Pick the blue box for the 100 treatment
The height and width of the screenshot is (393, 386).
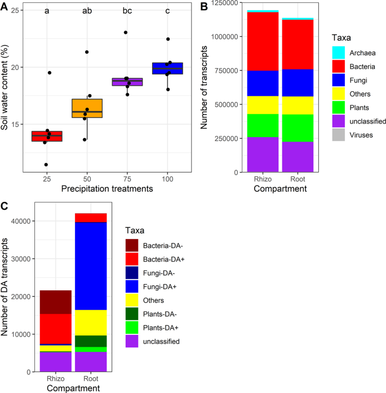[167, 68]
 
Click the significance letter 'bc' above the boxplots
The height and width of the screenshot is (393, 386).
[126, 11]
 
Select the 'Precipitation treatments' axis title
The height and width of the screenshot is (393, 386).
[107, 189]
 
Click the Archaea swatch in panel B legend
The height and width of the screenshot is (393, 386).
[338, 52]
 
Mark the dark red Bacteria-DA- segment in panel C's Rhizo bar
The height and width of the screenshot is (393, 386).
[55, 302]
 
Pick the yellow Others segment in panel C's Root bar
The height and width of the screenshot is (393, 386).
[91, 323]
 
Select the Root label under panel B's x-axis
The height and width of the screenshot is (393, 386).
[298, 180]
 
